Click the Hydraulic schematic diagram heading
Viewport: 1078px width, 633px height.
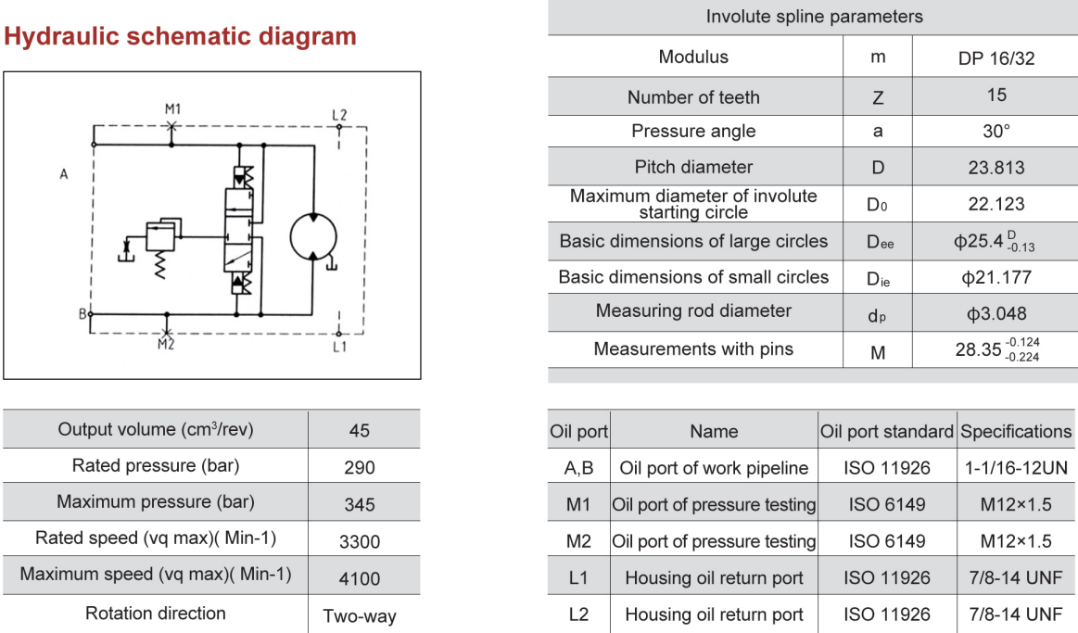(181, 36)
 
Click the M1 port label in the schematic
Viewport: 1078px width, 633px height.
(172, 109)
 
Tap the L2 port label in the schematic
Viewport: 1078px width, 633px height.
(339, 115)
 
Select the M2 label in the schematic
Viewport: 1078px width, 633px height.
(165, 345)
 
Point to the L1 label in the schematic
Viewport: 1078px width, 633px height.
(339, 347)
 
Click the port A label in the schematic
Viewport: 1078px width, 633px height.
(64, 174)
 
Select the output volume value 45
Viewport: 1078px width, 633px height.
(360, 430)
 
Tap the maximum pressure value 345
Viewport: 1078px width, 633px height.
(360, 504)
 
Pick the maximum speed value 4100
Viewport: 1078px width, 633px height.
(360, 578)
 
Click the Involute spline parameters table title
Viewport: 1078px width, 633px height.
(814, 17)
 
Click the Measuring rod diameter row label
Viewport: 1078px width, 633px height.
(693, 311)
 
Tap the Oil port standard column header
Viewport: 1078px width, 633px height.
(887, 432)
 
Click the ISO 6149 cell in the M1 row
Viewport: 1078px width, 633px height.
(887, 505)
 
